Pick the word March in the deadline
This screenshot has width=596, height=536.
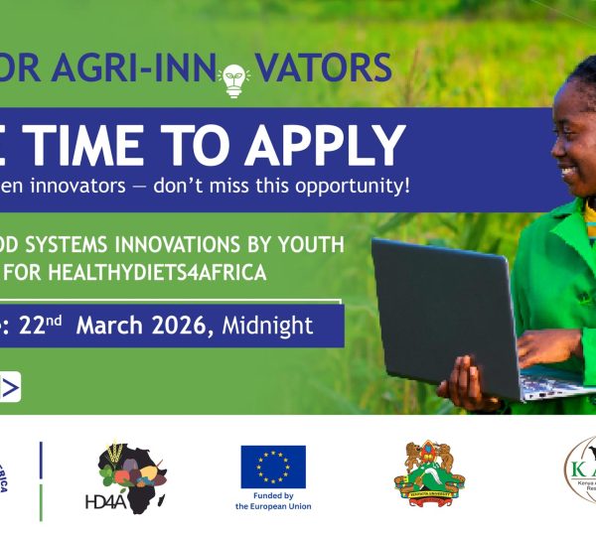110,326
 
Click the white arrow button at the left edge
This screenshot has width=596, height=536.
9,386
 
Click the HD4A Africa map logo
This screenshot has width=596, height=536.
134,476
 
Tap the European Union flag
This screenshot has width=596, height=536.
273,467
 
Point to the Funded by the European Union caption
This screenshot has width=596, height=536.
273,500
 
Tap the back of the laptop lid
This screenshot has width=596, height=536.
442,308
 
